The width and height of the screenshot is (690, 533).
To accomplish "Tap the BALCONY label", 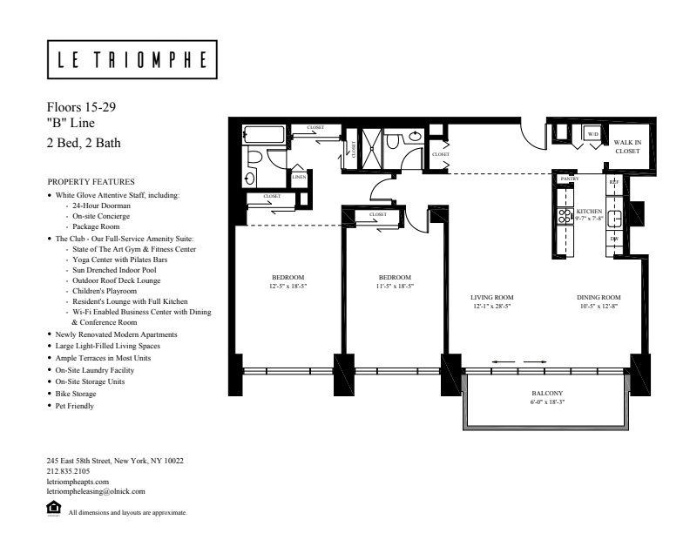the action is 550,394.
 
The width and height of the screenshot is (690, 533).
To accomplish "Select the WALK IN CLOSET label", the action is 626,145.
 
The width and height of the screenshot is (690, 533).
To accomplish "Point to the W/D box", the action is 592,134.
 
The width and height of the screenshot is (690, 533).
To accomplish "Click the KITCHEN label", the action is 589,212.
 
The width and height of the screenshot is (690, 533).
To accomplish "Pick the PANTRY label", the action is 570,179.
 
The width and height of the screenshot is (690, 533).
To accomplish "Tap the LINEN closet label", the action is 299,177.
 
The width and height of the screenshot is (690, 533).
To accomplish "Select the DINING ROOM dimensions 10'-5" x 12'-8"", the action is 598,306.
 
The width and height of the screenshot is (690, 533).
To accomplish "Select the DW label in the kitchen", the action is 613,238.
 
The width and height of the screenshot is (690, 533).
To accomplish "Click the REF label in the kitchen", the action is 613,182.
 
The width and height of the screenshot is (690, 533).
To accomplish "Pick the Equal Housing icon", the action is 54,507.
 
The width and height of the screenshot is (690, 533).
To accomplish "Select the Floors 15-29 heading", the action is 80,107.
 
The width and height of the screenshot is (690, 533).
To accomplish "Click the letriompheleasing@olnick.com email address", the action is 95,490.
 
